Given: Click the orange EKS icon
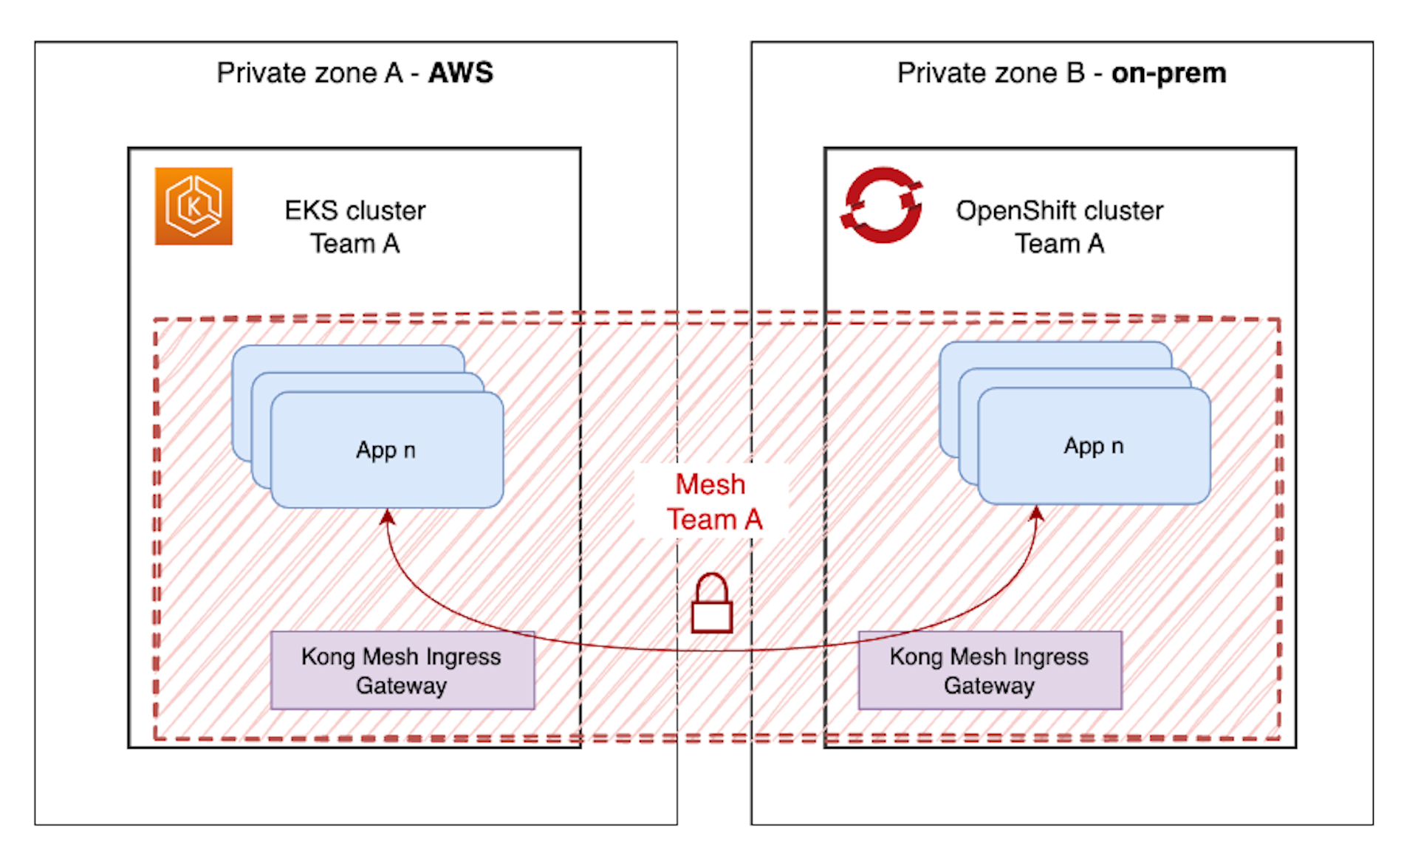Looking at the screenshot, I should click(193, 206).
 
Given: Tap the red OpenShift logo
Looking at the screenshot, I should click(882, 205).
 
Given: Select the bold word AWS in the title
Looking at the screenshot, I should click(461, 73).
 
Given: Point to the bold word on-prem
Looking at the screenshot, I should click(1168, 73).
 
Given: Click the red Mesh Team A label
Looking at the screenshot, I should click(713, 502).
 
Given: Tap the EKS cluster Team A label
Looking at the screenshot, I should click(354, 227).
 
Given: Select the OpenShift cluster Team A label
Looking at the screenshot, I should click(1059, 227).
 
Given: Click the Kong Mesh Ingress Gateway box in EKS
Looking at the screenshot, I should click(403, 670).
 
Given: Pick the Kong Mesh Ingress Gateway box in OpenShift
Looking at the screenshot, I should click(990, 670).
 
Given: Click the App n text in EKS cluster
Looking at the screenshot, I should click(386, 450).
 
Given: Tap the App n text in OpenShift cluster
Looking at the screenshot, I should click(1093, 446).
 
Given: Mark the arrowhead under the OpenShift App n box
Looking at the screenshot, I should click(1037, 512).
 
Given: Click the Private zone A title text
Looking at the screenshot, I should click(310, 73).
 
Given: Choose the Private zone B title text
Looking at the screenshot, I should click(991, 73).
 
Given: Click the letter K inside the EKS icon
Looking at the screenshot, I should click(193, 207).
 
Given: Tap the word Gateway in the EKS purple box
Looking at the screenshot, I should click(401, 686).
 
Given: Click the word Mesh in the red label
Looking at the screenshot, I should click(710, 484).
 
